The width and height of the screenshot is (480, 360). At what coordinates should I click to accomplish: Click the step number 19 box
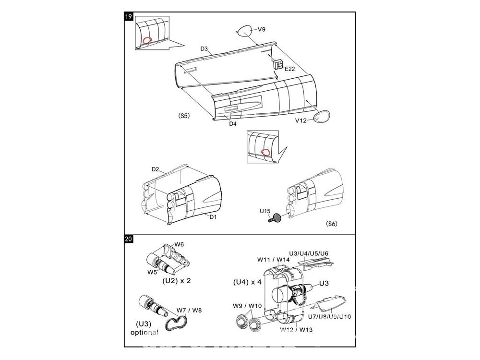(x=128, y=17)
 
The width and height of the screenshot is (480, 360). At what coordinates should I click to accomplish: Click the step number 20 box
(x=128, y=239)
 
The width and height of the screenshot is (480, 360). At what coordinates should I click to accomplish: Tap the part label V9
(x=261, y=29)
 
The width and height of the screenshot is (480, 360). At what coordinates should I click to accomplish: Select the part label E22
(x=289, y=69)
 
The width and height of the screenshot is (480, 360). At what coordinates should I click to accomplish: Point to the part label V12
(x=301, y=120)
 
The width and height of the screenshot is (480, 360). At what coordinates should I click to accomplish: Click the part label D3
(x=204, y=49)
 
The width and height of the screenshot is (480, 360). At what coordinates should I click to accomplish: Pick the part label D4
(x=232, y=124)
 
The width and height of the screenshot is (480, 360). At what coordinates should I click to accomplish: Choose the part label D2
(x=156, y=169)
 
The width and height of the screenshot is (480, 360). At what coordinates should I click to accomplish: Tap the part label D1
(x=213, y=216)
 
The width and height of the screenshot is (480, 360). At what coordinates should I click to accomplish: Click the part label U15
(x=265, y=211)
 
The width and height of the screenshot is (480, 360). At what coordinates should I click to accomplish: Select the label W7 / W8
(x=189, y=310)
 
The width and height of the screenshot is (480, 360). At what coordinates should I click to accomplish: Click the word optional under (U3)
(x=144, y=333)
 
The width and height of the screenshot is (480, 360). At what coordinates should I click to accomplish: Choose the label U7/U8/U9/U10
(x=336, y=316)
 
